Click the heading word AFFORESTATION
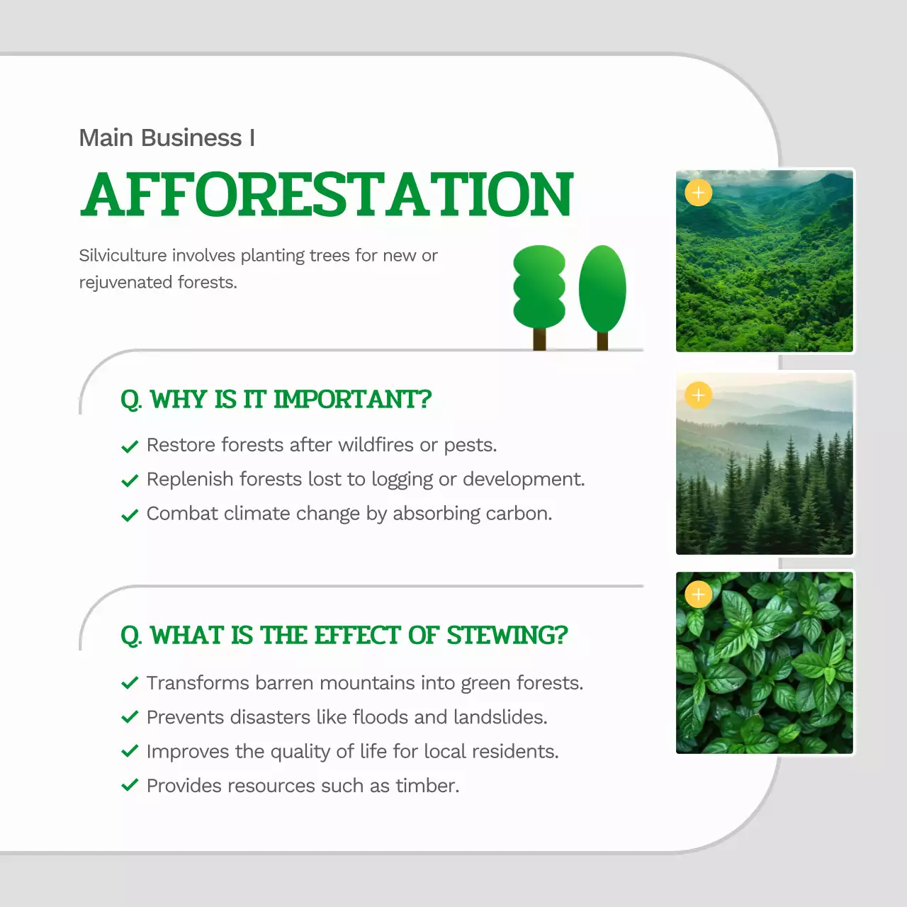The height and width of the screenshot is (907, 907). tap(327, 194)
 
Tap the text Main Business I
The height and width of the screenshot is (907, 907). tap(167, 137)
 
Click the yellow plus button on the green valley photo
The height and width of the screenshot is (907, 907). tap(698, 193)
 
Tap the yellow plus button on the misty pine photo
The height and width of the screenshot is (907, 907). tap(698, 395)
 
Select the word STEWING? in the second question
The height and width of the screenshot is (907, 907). tap(507, 636)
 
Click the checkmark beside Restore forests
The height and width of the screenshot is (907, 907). tap(130, 446)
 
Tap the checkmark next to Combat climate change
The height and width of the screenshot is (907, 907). tap(130, 515)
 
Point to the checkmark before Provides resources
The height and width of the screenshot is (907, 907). tap(130, 785)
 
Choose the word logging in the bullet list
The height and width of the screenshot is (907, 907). tap(402, 480)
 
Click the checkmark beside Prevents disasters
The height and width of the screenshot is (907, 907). tap(130, 717)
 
